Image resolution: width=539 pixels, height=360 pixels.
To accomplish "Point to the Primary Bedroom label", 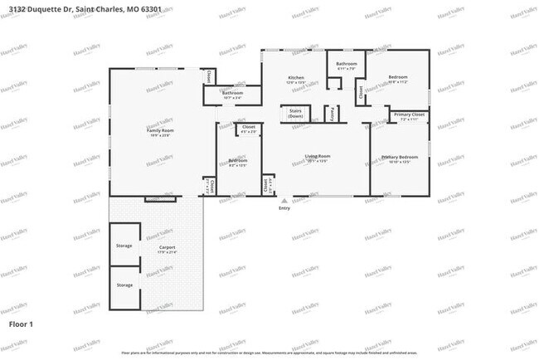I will [x=399, y=157].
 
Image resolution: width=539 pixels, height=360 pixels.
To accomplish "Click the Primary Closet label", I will [x=409, y=114].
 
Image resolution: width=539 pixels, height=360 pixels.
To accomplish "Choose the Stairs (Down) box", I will [x=295, y=114].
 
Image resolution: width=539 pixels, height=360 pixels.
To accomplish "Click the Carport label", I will [x=167, y=247].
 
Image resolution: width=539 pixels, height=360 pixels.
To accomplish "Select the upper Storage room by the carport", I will [x=124, y=246].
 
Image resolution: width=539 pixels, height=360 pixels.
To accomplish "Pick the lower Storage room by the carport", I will [x=124, y=285].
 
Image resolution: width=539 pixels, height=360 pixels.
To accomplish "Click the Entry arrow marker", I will [x=284, y=200].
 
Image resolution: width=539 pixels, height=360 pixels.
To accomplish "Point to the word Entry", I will [x=284, y=208].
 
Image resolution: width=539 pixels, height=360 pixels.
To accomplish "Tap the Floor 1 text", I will [x=21, y=324].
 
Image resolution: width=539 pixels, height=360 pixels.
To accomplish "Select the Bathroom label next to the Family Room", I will [x=232, y=93].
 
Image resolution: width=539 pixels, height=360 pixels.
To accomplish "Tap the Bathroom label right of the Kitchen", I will [x=346, y=64].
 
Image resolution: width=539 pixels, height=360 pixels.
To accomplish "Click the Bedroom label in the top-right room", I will [x=398, y=78].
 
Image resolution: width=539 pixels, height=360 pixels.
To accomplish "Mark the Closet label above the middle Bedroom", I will [x=248, y=128].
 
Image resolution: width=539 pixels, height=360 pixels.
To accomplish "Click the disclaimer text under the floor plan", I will [x=269, y=353].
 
